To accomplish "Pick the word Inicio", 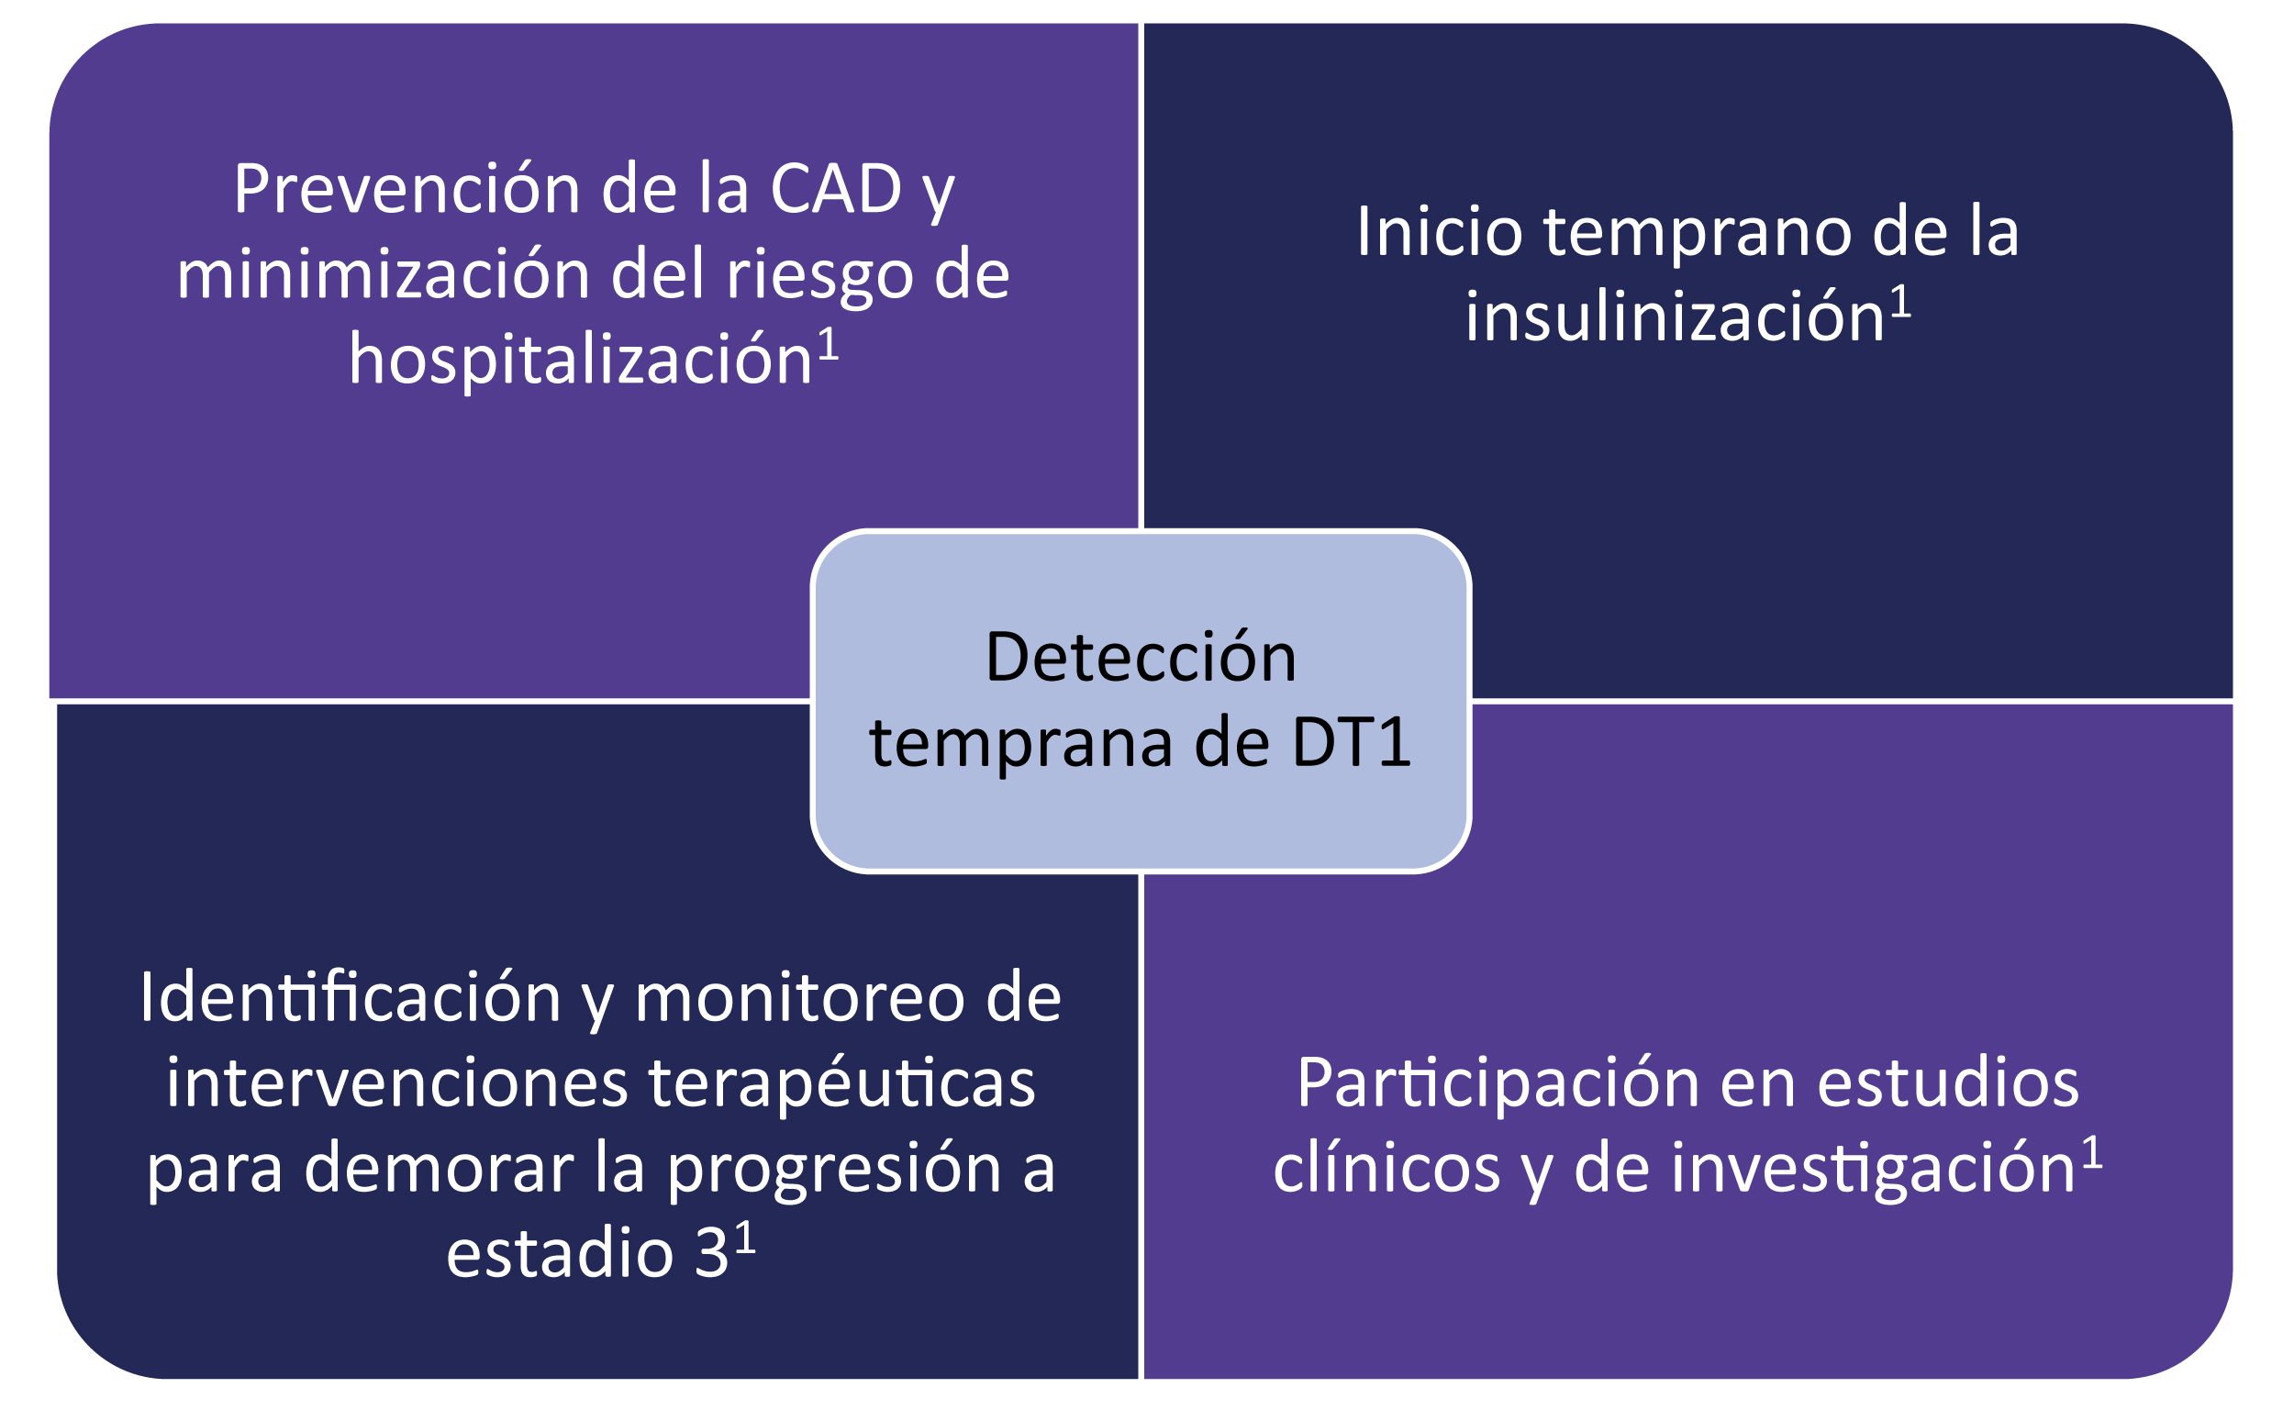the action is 1439,231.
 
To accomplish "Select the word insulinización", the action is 1675,316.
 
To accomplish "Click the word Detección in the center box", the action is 1140,657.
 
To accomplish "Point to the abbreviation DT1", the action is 1352,742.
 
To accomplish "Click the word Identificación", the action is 351,997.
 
